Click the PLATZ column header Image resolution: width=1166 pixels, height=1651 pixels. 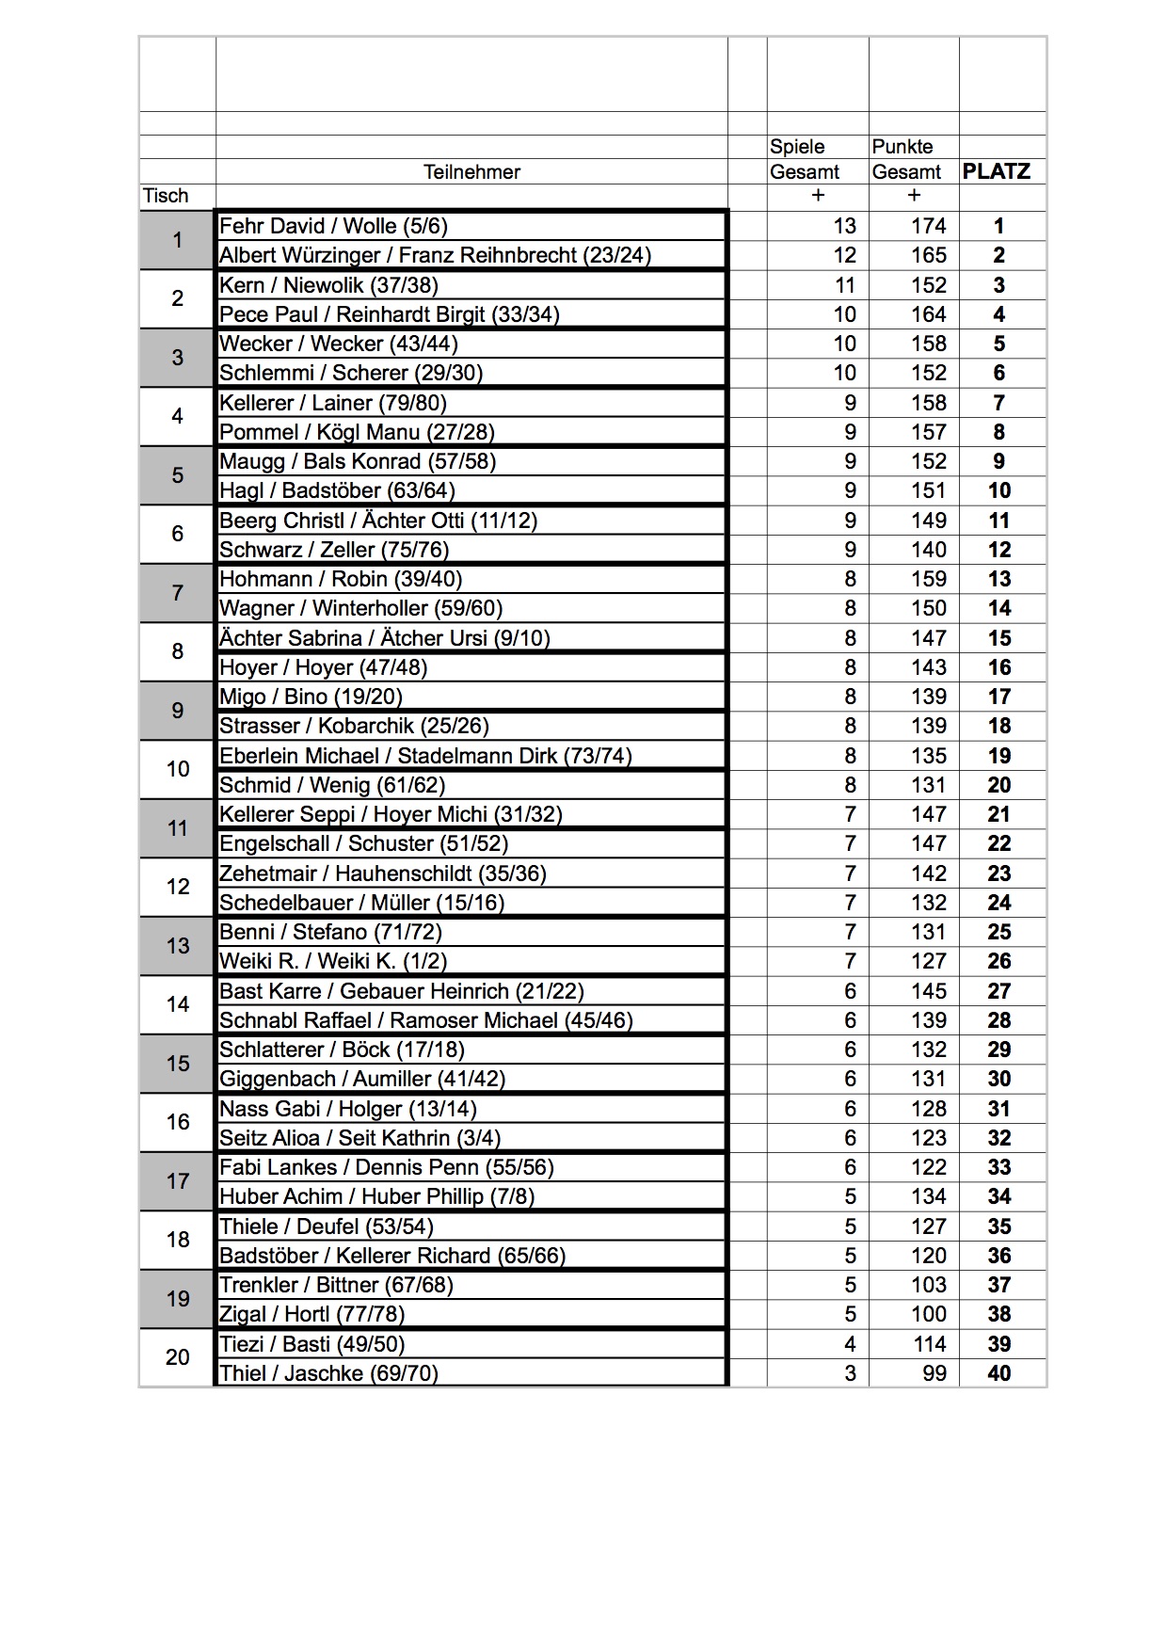[997, 171]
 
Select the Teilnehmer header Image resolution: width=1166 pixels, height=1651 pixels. [471, 171]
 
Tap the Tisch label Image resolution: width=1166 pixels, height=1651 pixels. [166, 196]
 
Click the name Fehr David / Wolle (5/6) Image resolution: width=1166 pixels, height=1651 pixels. [333, 226]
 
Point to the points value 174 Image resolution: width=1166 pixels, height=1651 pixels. [928, 226]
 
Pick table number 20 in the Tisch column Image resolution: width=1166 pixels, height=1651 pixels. [178, 1357]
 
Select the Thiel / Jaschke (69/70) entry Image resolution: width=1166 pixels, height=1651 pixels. [328, 1373]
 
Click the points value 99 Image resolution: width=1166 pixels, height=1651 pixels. [934, 1373]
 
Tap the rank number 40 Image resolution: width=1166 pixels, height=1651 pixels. [998, 1373]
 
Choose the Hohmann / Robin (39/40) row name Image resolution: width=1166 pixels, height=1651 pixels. [341, 579]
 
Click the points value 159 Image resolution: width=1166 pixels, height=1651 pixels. [928, 579]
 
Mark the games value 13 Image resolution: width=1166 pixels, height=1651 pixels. [844, 226]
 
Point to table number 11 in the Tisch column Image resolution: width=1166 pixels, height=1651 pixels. [178, 828]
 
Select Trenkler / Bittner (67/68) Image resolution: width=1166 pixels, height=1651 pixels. [336, 1285]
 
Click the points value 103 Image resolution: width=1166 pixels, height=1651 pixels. [928, 1285]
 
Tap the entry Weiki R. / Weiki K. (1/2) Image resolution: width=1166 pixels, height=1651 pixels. [333, 961]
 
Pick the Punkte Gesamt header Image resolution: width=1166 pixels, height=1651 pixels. [905, 159]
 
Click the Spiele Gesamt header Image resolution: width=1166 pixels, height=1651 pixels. [805, 159]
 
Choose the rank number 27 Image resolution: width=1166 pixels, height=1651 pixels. [998, 991]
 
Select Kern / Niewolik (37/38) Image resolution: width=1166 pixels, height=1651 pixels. [328, 285]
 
